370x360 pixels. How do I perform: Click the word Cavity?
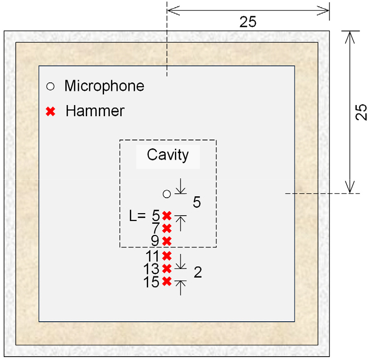click(168, 156)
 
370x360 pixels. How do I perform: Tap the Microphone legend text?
click(104, 86)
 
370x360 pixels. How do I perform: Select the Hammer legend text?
click(95, 111)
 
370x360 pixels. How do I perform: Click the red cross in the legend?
click(49, 111)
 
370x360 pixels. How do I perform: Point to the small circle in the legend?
click(49, 87)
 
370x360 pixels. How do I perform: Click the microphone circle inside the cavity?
click(167, 194)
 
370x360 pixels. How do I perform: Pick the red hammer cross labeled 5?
click(167, 216)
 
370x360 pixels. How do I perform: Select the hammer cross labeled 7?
click(167, 228)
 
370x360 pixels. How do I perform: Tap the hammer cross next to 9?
click(167, 241)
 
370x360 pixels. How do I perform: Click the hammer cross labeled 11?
click(167, 255)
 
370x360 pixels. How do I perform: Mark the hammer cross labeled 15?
click(167, 281)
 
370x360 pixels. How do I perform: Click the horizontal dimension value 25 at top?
click(248, 22)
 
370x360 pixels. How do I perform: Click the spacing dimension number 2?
click(198, 273)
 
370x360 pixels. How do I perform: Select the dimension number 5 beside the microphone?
click(197, 202)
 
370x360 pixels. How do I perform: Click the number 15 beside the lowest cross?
click(152, 282)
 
